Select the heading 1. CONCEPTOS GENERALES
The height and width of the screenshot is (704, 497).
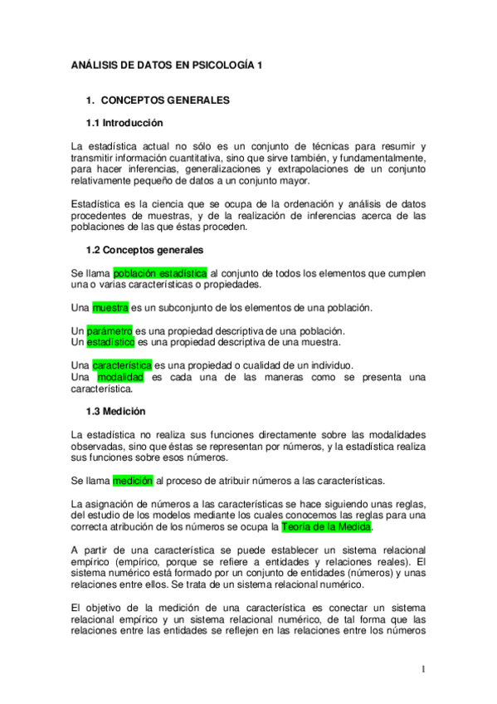158,100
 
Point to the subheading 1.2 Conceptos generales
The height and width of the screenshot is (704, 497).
144,249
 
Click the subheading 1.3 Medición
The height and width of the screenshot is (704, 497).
116,411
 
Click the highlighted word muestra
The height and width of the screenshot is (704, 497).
110,307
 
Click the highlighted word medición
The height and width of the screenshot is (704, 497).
133,480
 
